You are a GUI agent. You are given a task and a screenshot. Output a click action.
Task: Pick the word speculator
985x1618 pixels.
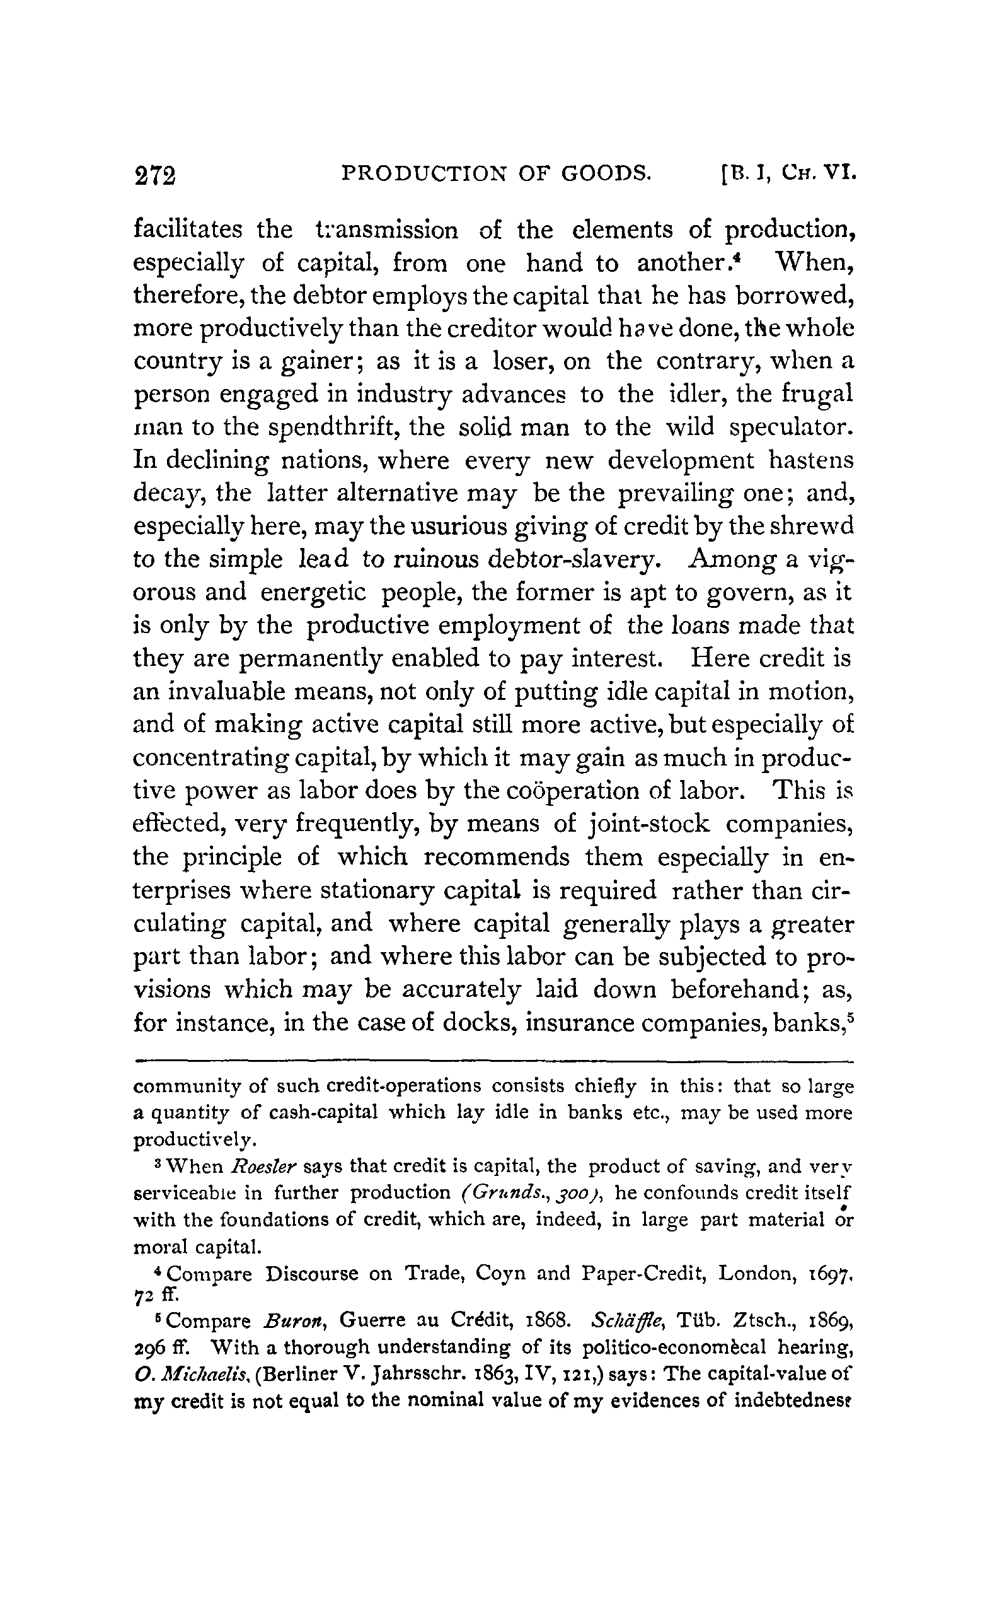click(x=792, y=428)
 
